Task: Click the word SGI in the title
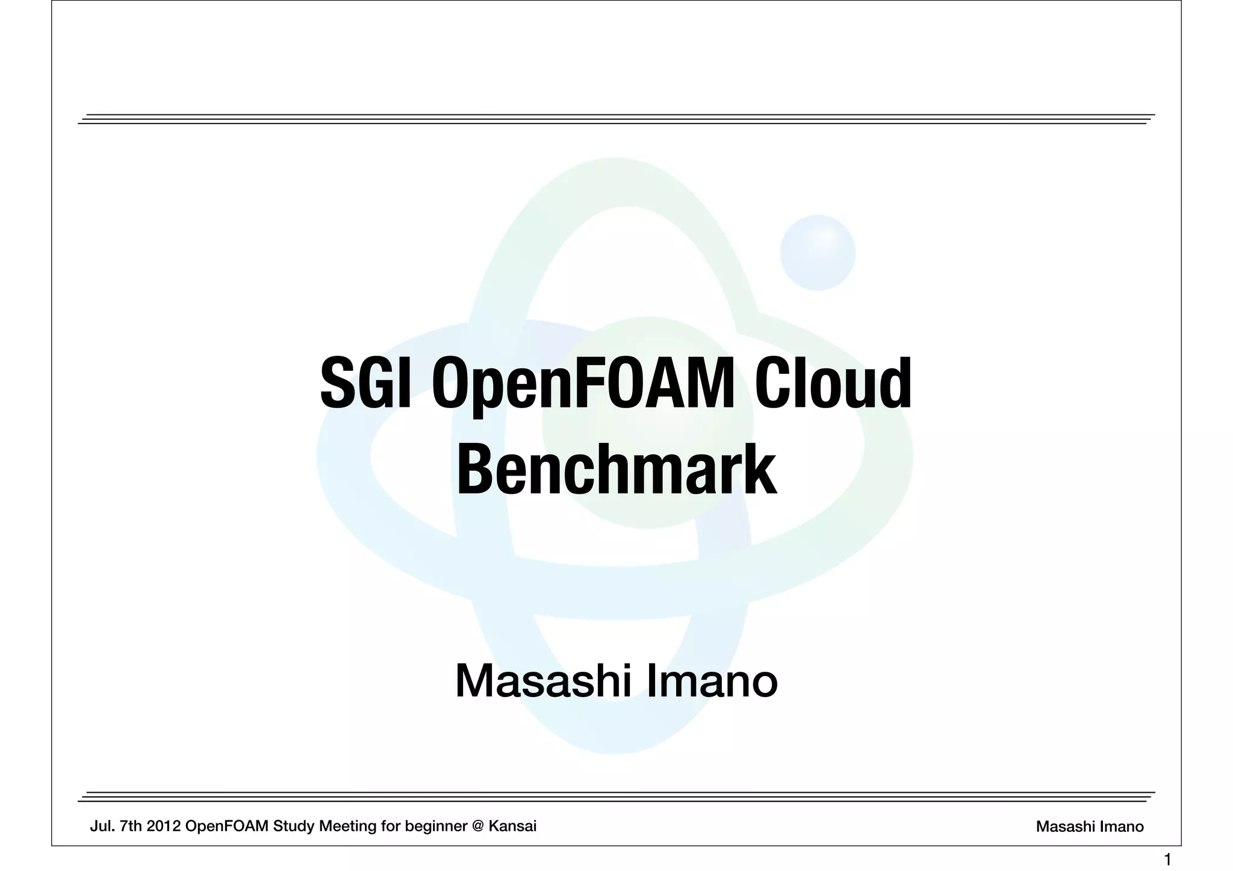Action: (x=365, y=383)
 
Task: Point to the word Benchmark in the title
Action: (x=616, y=470)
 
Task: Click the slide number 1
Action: (x=1167, y=860)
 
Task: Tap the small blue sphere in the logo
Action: (x=817, y=252)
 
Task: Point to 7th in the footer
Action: (x=131, y=826)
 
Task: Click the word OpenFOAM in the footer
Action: (x=227, y=826)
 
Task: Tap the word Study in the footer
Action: (x=294, y=826)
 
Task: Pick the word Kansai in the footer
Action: (x=512, y=826)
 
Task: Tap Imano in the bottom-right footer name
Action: (x=1122, y=827)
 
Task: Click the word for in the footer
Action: (x=392, y=826)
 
